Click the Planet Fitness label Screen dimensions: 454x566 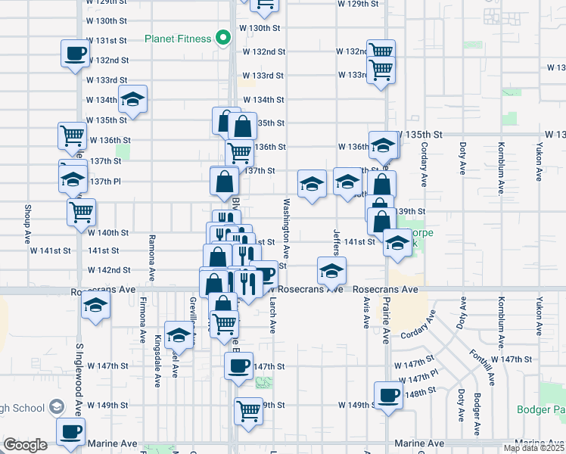[178, 39]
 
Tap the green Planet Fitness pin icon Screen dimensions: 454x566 [223, 37]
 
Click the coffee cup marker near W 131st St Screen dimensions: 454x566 [75, 54]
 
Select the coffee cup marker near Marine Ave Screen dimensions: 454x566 [71, 433]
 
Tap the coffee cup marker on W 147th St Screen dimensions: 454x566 [238, 367]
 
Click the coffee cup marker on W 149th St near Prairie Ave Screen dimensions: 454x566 [389, 396]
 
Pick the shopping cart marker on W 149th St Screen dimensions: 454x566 [248, 412]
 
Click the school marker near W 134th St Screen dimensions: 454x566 [132, 99]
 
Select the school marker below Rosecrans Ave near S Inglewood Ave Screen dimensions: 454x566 [95, 306]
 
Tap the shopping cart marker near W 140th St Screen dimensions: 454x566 [81, 211]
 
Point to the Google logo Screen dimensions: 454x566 [25, 445]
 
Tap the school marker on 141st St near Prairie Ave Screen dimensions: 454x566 [397, 243]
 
